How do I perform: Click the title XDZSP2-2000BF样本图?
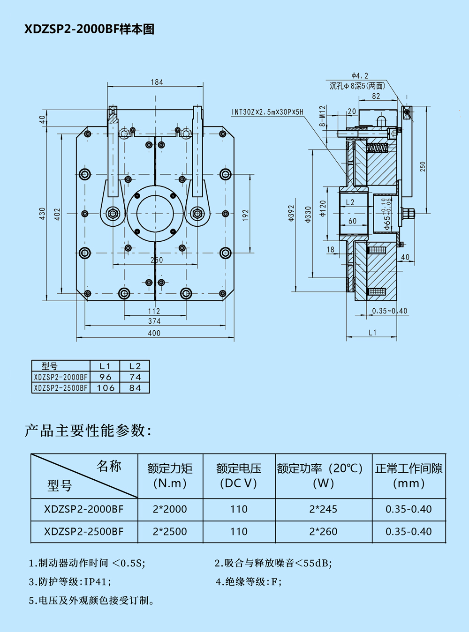89,29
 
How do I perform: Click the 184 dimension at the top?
157,82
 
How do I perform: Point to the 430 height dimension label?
43,214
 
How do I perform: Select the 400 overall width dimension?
154,333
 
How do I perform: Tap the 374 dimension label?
154,321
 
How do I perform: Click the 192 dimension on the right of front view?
246,215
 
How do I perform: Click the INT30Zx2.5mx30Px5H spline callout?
267,112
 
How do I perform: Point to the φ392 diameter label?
291,213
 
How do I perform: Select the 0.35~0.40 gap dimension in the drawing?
390,311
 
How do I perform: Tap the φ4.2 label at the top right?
360,75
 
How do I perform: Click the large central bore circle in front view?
155,214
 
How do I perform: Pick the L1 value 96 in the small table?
106,377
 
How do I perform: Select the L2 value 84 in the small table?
135,388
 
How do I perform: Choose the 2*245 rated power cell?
323,509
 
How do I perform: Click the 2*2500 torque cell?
170,532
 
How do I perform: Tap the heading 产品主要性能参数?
88,431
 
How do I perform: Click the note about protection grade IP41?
70,582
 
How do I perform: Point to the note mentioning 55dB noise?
273,563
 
